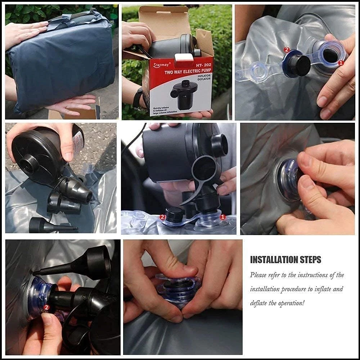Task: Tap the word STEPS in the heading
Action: coord(311,260)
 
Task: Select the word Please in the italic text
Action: coord(258,275)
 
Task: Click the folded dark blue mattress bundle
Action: coord(61,61)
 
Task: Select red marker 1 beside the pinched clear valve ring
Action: coord(341,62)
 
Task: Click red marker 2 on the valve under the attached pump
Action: coord(162,217)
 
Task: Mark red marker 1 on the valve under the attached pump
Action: coord(222,217)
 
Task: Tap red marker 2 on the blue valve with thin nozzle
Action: coord(46,307)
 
